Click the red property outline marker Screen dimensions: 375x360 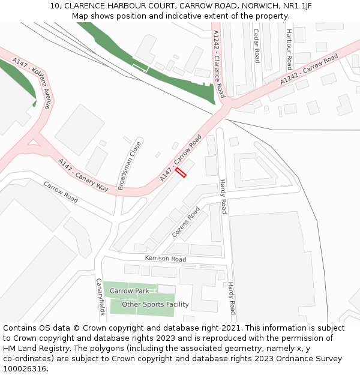click(x=181, y=172)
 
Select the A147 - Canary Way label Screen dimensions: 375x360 click(x=83, y=175)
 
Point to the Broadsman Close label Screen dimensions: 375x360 click(x=130, y=165)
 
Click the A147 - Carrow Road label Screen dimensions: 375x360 click(x=181, y=158)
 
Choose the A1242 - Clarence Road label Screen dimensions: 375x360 click(x=218, y=64)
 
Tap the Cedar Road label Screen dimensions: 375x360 click(x=256, y=46)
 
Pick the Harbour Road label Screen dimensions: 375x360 click(x=289, y=49)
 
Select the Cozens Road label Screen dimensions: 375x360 click(x=186, y=222)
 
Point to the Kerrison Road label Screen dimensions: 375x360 click(x=166, y=259)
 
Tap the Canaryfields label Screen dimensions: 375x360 click(x=100, y=296)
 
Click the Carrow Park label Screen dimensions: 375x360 click(x=129, y=291)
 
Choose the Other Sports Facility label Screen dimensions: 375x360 click(x=155, y=304)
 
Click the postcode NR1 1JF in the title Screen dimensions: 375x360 click(x=298, y=6)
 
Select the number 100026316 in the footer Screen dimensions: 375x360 click(x=25, y=369)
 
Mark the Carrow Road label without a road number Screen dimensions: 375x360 click(x=61, y=192)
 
